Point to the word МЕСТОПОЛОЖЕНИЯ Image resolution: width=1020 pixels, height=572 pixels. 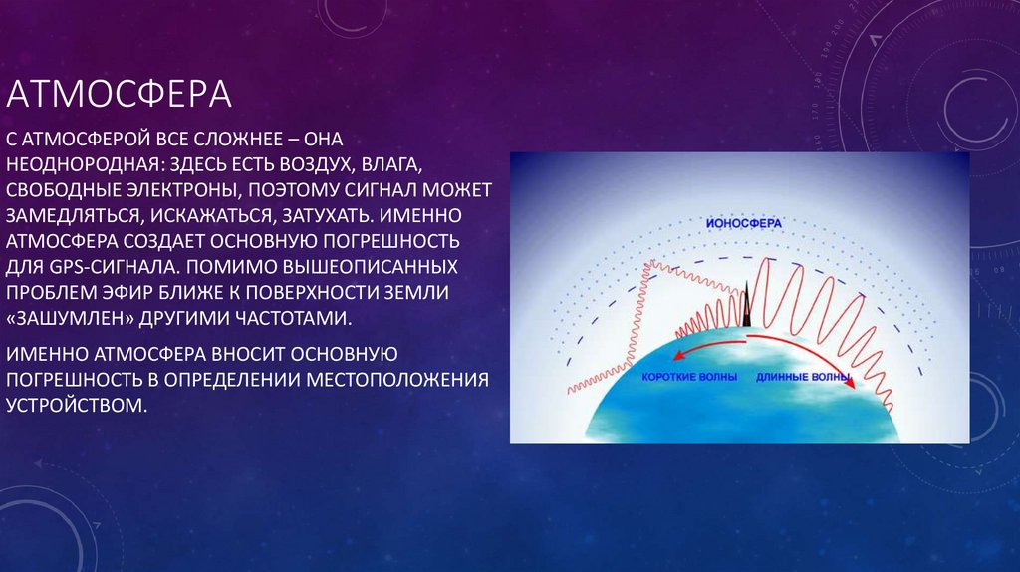coord(398,380)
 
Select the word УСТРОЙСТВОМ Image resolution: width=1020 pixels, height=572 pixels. coord(77,406)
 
